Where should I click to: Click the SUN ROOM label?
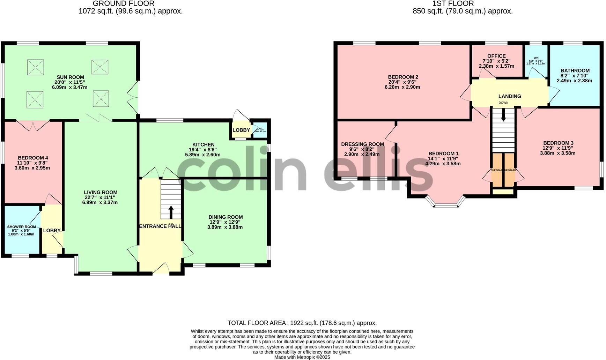pos(71,77)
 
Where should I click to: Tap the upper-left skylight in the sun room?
pos(36,67)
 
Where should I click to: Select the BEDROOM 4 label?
pos(33,158)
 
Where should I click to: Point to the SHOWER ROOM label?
pos(22,227)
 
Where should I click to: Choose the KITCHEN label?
pos(204,145)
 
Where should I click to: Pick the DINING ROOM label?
pos(226,217)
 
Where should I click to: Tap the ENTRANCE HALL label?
pos(160,226)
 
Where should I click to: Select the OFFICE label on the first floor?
pos(496,56)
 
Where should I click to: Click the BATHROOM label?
pos(575,70)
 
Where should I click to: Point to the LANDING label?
pos(510,96)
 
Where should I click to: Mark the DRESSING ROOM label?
pos(362,144)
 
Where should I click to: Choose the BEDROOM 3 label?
pos(558,143)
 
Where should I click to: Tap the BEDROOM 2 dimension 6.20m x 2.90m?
pos(403,87)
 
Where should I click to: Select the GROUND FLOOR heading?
pos(124,4)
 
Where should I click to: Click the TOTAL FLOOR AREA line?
pos(302,323)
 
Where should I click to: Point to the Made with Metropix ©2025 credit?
pos(302,357)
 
